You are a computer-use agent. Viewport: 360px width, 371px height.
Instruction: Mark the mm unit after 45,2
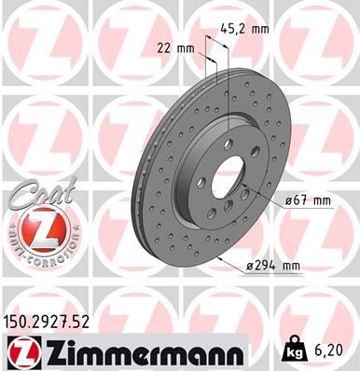click(259, 30)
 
